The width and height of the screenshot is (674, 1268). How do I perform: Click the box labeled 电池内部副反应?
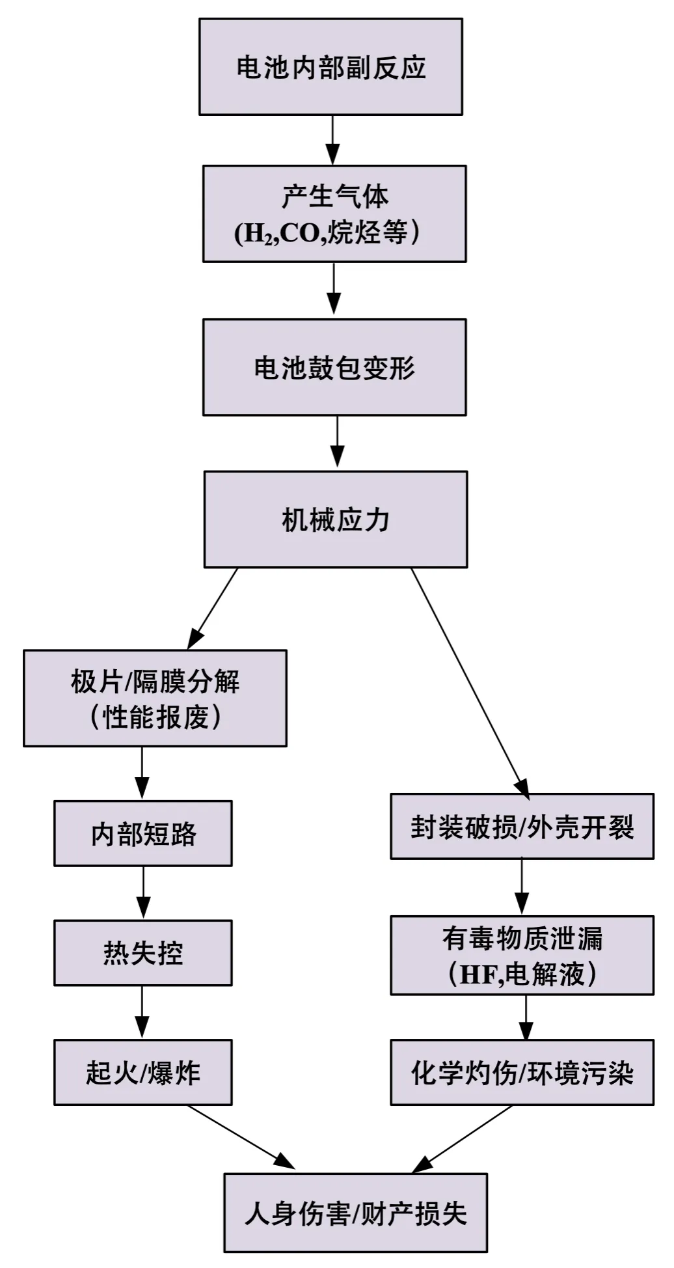[330, 67]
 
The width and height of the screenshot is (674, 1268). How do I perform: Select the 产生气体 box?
[334, 214]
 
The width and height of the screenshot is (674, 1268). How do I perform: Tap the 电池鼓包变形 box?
[334, 367]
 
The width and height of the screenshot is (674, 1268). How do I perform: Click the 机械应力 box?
[336, 519]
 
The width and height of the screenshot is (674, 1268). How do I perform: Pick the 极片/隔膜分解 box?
[155, 698]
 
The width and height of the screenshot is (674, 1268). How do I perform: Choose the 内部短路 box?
[143, 833]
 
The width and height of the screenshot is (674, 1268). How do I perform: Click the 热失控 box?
[143, 952]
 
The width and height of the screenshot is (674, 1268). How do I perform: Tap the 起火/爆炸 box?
[143, 1072]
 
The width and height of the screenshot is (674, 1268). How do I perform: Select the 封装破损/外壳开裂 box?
[522, 826]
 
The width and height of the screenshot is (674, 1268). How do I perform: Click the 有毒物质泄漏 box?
[522, 955]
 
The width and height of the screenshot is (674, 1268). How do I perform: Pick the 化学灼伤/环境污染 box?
[522, 1072]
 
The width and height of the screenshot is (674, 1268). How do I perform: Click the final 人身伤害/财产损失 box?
[355, 1213]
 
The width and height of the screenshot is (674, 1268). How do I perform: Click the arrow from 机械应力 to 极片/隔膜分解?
[213, 608]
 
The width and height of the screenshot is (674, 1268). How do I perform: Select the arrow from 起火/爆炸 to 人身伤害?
[241, 1136]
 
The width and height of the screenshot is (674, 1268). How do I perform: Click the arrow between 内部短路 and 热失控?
[143, 892]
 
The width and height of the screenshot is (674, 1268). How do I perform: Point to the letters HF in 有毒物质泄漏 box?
[478, 974]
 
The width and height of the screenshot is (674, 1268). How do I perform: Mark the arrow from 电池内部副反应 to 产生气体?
[332, 140]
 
